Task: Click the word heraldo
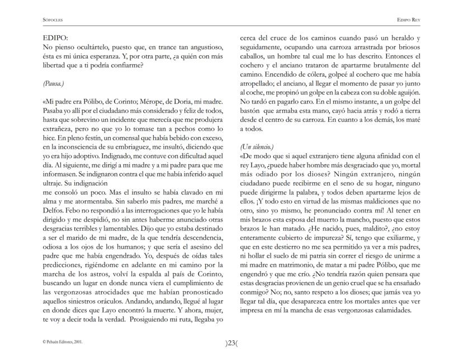coord(396,39)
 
